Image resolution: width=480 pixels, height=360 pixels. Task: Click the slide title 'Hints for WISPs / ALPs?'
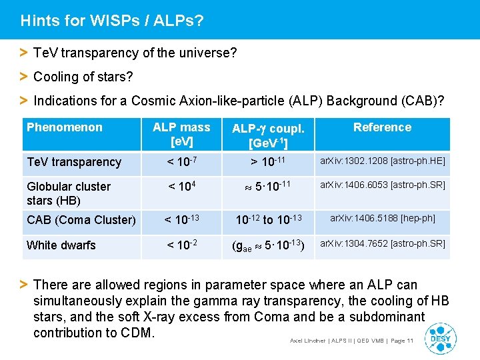(x=112, y=21)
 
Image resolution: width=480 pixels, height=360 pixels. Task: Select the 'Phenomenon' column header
(x=65, y=127)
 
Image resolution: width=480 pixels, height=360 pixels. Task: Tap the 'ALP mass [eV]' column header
(x=181, y=134)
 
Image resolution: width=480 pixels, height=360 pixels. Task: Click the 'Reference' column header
(x=382, y=127)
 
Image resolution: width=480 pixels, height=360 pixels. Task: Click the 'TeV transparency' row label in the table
(x=74, y=162)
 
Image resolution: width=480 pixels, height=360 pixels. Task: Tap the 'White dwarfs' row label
(x=61, y=245)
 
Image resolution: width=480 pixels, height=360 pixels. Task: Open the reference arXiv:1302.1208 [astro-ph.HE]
(x=383, y=161)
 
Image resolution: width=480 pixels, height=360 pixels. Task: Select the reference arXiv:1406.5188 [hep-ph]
(x=382, y=218)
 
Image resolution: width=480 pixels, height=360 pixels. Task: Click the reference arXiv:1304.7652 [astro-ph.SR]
(x=383, y=243)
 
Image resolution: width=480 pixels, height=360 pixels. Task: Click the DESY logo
(x=441, y=337)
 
